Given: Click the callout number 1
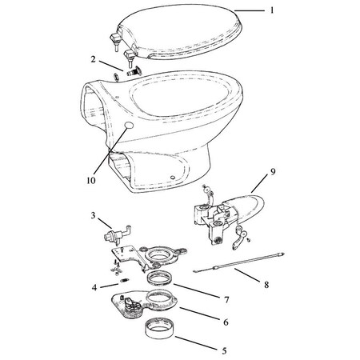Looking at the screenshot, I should point(271,10).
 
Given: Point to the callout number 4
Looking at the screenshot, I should point(94,286).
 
